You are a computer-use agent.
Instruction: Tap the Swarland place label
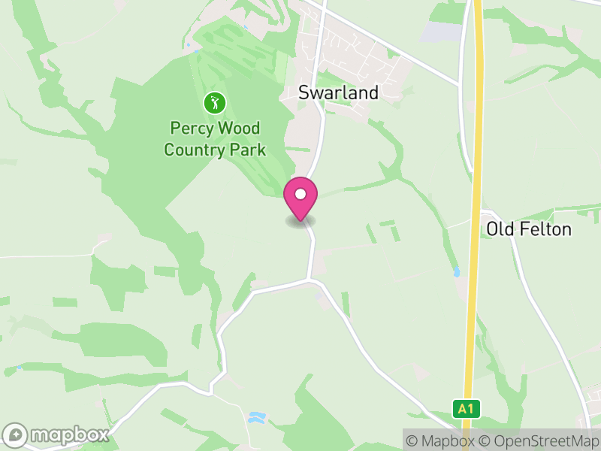pyautogui.click(x=338, y=93)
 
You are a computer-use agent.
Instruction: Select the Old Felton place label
pyautogui.click(x=529, y=229)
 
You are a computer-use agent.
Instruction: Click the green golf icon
pyautogui.click(x=214, y=102)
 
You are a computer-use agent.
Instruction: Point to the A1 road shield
pyautogui.click(x=466, y=409)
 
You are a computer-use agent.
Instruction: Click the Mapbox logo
pyautogui.click(x=56, y=434)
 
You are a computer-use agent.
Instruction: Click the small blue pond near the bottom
pyautogui.click(x=256, y=416)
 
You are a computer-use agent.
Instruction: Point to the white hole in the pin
pyautogui.click(x=300, y=194)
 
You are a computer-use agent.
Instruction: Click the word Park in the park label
pyautogui.click(x=249, y=150)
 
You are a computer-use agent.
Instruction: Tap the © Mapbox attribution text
pyautogui.click(x=442, y=440)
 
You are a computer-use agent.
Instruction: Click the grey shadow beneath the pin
pyautogui.click(x=300, y=222)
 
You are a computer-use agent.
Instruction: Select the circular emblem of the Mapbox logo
pyautogui.click(x=16, y=434)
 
